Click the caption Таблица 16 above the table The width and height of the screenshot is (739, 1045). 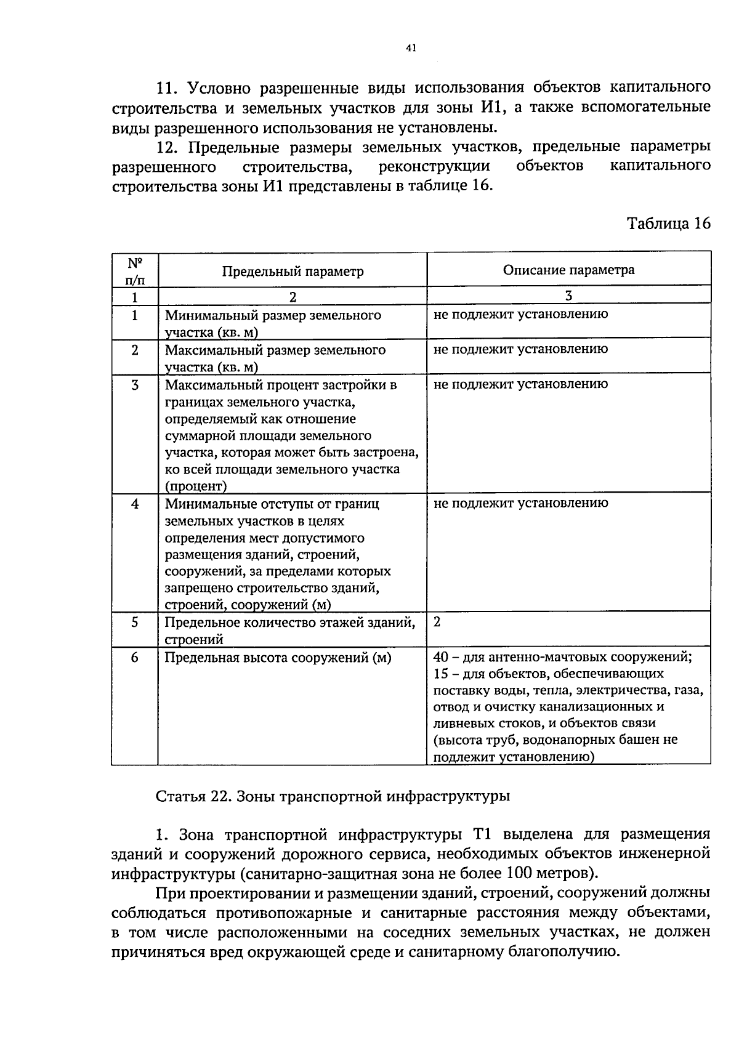coord(669,223)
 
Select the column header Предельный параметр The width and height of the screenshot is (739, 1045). coord(293,272)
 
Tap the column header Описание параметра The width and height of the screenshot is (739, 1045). coord(568,270)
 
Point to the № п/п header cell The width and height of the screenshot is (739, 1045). coord(135,271)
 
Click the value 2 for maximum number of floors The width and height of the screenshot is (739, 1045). coord(437,621)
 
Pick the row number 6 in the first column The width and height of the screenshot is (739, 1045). coord(135,657)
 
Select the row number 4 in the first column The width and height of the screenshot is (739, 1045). coord(135,504)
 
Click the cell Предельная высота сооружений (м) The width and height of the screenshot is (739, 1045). coord(278,658)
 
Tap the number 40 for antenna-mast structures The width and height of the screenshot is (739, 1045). coord(441,656)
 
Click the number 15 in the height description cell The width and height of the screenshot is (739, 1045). coord(440,674)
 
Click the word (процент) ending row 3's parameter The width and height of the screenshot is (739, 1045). coord(196,486)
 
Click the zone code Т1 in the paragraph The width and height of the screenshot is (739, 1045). coord(482,835)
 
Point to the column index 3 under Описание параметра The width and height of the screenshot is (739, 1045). coord(568,296)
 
